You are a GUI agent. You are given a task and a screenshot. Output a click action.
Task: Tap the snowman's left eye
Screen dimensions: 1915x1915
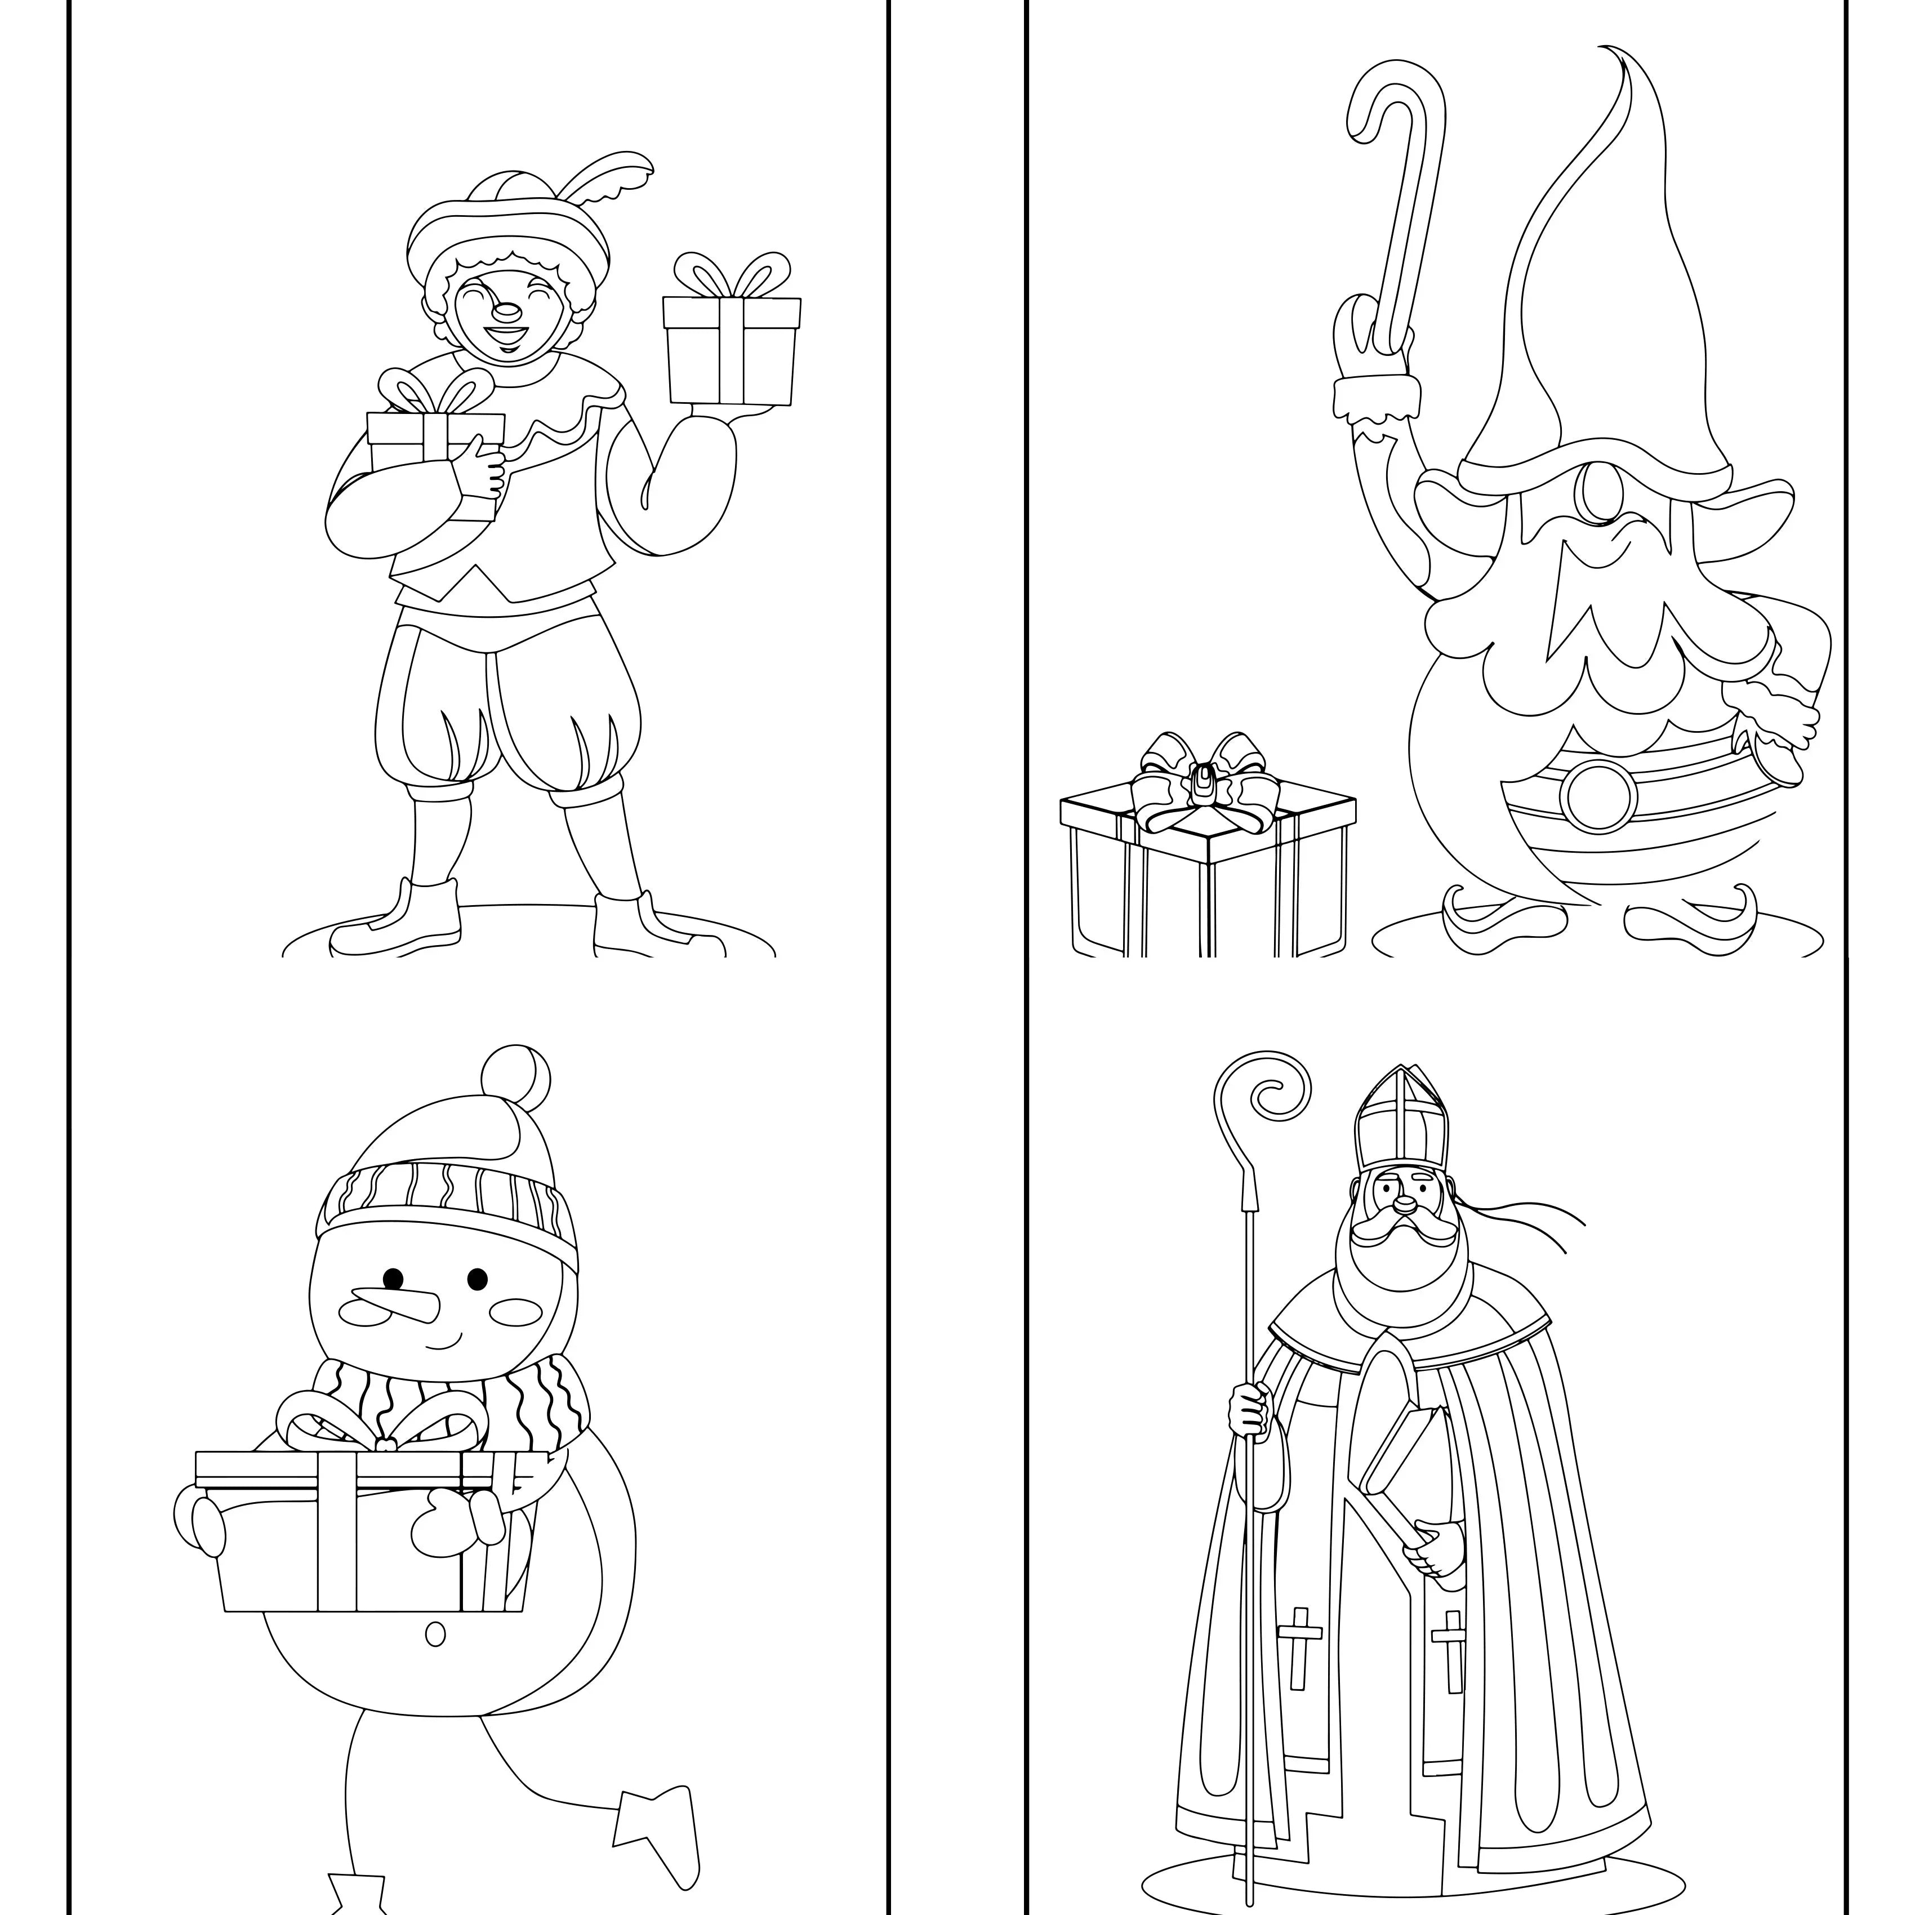394,1279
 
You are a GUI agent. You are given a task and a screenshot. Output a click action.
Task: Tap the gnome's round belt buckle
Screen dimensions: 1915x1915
1598,794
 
